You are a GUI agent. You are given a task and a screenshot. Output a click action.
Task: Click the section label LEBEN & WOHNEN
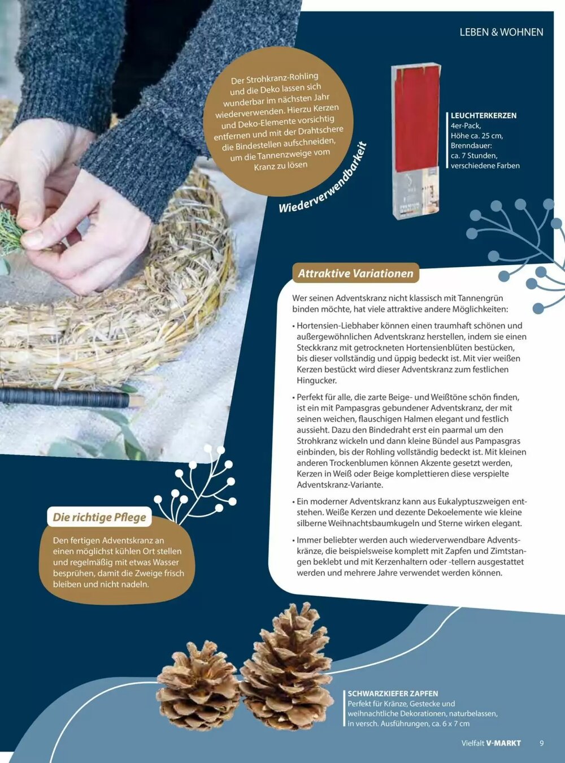point(501,32)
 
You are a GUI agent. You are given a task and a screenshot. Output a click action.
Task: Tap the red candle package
point(416,141)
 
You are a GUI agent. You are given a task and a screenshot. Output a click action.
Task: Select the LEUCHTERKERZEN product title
point(484,116)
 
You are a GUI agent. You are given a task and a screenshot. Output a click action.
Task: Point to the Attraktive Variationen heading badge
point(355,274)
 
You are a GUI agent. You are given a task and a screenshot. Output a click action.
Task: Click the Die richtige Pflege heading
point(99,517)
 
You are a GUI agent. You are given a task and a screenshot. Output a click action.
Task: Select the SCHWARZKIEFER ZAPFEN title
point(393,694)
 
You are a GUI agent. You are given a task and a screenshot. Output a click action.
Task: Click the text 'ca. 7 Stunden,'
point(474,155)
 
